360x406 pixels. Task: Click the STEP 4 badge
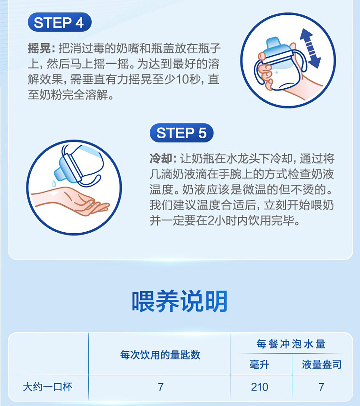click(60, 22)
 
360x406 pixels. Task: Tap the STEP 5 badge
click(181, 133)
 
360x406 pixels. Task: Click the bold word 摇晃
click(39, 48)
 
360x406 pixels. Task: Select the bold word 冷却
click(161, 159)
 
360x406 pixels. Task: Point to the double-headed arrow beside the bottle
click(310, 49)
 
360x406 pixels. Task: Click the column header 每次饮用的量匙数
click(160, 355)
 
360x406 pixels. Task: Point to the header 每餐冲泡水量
click(291, 344)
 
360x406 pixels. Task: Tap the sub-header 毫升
click(260, 364)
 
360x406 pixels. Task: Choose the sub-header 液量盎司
click(322, 364)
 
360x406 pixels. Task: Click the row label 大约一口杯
click(47, 387)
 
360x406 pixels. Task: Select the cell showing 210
click(260, 387)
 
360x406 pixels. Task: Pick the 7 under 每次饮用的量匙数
click(161, 387)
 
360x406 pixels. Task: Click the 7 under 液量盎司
click(322, 387)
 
